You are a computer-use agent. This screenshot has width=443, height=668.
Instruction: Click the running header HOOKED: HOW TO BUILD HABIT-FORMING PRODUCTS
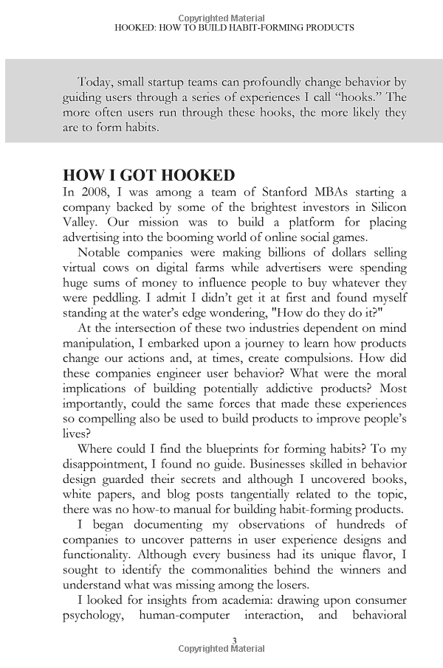tap(235, 27)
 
